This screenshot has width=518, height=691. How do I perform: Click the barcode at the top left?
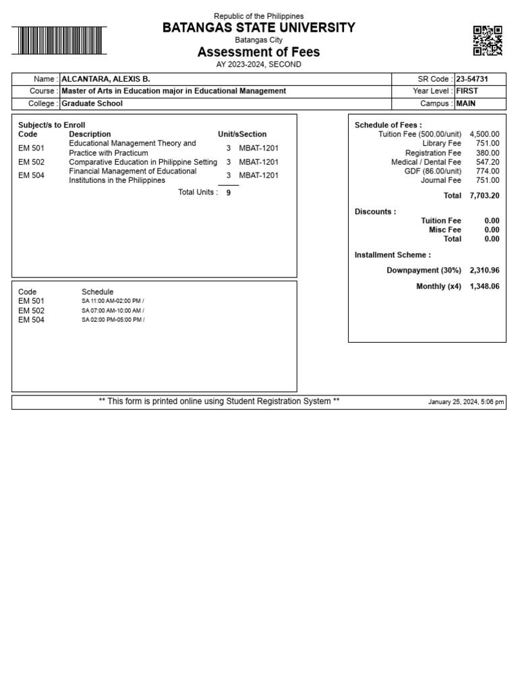point(59,40)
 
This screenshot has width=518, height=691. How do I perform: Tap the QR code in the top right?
point(487,40)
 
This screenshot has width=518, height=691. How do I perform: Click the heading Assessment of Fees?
point(258,52)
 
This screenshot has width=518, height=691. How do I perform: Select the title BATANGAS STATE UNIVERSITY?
point(258,28)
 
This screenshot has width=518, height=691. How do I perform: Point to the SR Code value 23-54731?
point(472,79)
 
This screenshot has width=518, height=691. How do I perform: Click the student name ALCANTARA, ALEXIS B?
point(106,79)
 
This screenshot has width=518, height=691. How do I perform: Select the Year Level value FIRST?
point(467,91)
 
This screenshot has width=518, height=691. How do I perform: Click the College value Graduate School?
point(92,104)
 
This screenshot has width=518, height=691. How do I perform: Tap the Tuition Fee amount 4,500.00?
point(484,134)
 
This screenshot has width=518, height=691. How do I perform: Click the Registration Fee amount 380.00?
point(488,153)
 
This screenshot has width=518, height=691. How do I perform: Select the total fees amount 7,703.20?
point(484,196)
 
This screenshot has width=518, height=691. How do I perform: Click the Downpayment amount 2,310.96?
point(484,271)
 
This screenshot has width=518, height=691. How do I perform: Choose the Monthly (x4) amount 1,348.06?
point(484,287)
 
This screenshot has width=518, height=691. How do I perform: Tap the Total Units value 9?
point(229,192)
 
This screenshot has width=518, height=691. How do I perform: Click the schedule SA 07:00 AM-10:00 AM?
point(113,310)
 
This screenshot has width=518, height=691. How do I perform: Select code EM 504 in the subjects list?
point(31,175)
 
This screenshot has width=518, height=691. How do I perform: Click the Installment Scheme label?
point(393,255)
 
